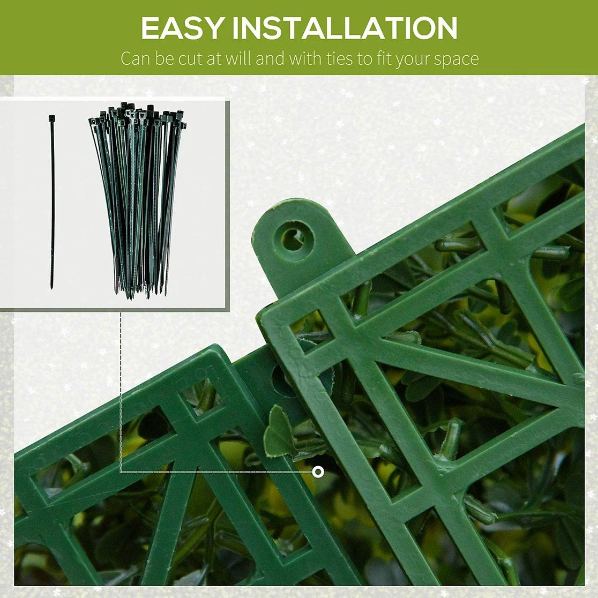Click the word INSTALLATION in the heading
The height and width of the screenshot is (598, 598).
[345, 28]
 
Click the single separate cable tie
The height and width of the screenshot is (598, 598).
[51, 202]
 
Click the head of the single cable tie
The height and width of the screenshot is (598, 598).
[52, 118]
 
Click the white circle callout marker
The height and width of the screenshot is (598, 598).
[318, 472]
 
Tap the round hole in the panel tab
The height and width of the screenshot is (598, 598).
[294, 236]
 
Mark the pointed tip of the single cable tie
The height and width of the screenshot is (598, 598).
[51, 288]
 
